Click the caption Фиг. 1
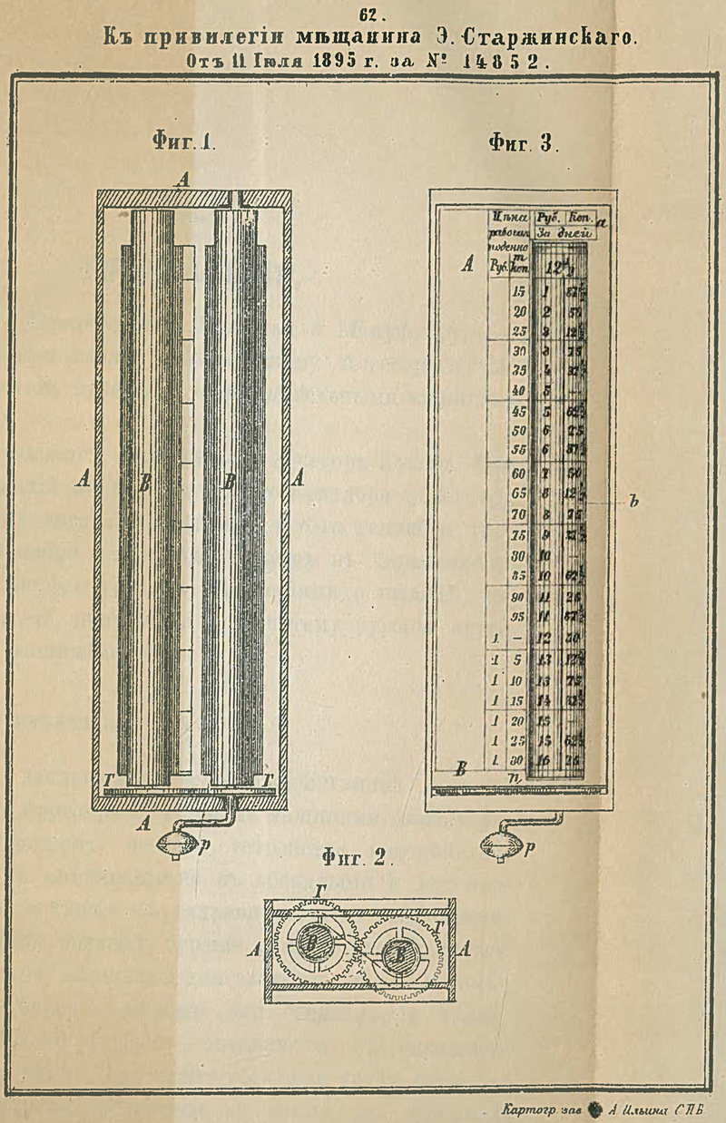(x=184, y=142)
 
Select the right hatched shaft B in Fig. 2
(x=397, y=954)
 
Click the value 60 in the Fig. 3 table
(x=520, y=474)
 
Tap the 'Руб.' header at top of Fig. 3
(x=548, y=218)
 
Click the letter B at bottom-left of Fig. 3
(x=461, y=769)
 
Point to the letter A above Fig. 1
(x=184, y=181)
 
